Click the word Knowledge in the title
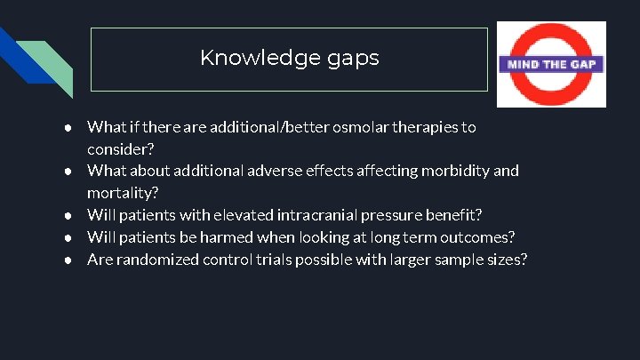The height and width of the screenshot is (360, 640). [252, 59]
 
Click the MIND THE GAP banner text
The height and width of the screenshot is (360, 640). [551, 64]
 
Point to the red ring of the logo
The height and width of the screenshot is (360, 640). [551, 35]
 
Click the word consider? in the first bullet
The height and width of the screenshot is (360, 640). [120, 148]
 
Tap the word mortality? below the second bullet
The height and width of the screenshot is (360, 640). [122, 192]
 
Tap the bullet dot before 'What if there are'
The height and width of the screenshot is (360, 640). [68, 127]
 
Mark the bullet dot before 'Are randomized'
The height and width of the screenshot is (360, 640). [68, 259]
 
